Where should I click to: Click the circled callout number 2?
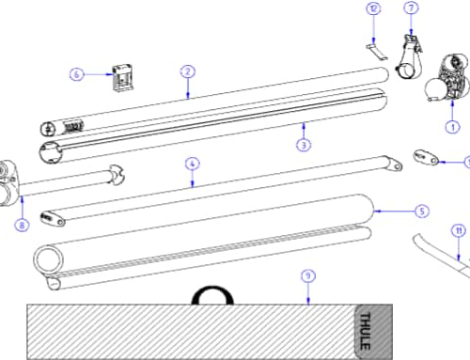coord(188,71)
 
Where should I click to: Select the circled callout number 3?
coord(304,145)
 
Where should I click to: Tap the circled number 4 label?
coord(192,164)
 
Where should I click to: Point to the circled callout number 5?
coord(422,211)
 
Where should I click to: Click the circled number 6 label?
coord(77,74)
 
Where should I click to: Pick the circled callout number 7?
coord(412,8)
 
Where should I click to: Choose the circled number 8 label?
coord(22,225)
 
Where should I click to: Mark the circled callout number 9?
coord(308,276)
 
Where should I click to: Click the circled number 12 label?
coord(373,8)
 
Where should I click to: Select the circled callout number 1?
coord(452,127)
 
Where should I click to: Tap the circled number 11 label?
coord(459,231)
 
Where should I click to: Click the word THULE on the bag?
coord(366,331)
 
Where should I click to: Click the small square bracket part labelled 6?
coord(123,78)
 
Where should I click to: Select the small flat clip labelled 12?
coord(377,52)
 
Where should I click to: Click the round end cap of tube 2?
coord(48,129)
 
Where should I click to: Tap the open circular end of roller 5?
coord(48,259)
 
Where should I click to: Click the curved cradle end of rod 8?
coord(117,175)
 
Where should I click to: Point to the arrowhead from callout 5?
coord(377,211)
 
